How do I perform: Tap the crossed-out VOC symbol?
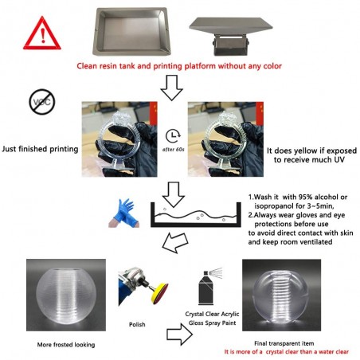[42, 102]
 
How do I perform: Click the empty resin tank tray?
[131, 31]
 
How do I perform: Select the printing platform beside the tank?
[231, 36]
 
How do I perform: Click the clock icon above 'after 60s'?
[173, 136]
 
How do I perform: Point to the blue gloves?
[124, 213]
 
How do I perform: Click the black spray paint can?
[206, 288]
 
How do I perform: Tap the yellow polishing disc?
[159, 294]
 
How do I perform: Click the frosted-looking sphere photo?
[66, 295]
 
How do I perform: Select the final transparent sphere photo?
[281, 295]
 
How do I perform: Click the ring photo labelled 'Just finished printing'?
[119, 139]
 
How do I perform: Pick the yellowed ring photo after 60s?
[225, 139]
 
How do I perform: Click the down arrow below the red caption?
[172, 88]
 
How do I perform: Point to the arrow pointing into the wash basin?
[174, 194]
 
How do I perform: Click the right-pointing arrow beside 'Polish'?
[179, 335]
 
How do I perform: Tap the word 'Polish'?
[137, 324]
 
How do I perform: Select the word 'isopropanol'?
[275, 206]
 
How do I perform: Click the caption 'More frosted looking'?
[66, 345]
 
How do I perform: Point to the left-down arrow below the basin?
[175, 243]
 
